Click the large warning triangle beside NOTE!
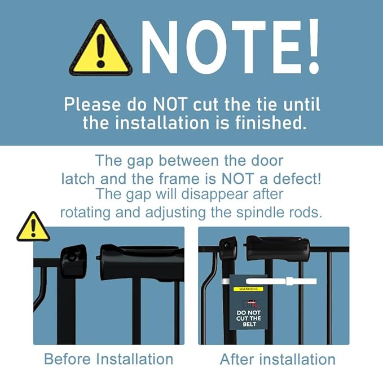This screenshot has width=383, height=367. pos(101,48)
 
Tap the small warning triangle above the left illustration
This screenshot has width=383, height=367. pos(33,227)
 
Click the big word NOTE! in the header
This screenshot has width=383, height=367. pos(230,46)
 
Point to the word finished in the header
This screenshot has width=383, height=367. pos(271,122)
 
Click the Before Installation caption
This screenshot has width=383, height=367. pos(109,359)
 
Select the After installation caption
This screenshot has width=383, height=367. pos(278,359)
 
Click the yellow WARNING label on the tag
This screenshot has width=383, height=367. pos(248,289)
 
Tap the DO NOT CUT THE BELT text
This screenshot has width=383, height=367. pos(249,318)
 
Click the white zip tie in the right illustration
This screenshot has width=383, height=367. pos(281,281)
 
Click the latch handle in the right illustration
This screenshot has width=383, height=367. pos(277,247)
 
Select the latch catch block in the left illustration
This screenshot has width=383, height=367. pos(73,261)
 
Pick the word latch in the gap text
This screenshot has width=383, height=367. pos(78,179)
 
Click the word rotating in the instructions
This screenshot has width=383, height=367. pos(85,213)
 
